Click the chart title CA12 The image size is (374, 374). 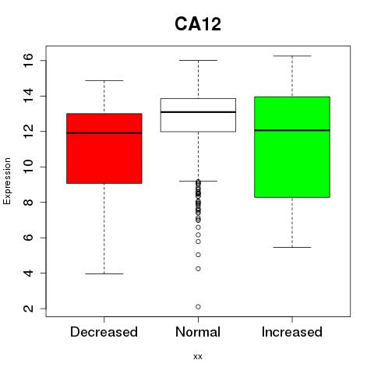(198, 24)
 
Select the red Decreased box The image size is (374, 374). (104, 149)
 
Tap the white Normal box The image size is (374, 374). (198, 115)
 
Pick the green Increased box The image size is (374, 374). (292, 147)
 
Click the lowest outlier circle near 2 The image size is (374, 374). (198, 307)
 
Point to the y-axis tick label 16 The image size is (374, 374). (28, 60)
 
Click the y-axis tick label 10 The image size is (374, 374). (28, 167)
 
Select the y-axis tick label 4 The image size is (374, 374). (28, 273)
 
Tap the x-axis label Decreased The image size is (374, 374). (104, 332)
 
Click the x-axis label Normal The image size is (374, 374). (198, 332)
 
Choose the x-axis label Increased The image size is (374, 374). (292, 332)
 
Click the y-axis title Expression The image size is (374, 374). (7, 181)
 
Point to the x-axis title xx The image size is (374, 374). (198, 357)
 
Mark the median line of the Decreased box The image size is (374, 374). (104, 133)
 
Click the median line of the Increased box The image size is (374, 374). (292, 130)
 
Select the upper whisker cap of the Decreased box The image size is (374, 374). (104, 80)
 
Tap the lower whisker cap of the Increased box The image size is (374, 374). (292, 247)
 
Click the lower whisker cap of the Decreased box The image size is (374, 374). (104, 273)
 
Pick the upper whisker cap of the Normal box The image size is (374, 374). (198, 60)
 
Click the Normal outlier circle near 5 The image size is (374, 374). (198, 255)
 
